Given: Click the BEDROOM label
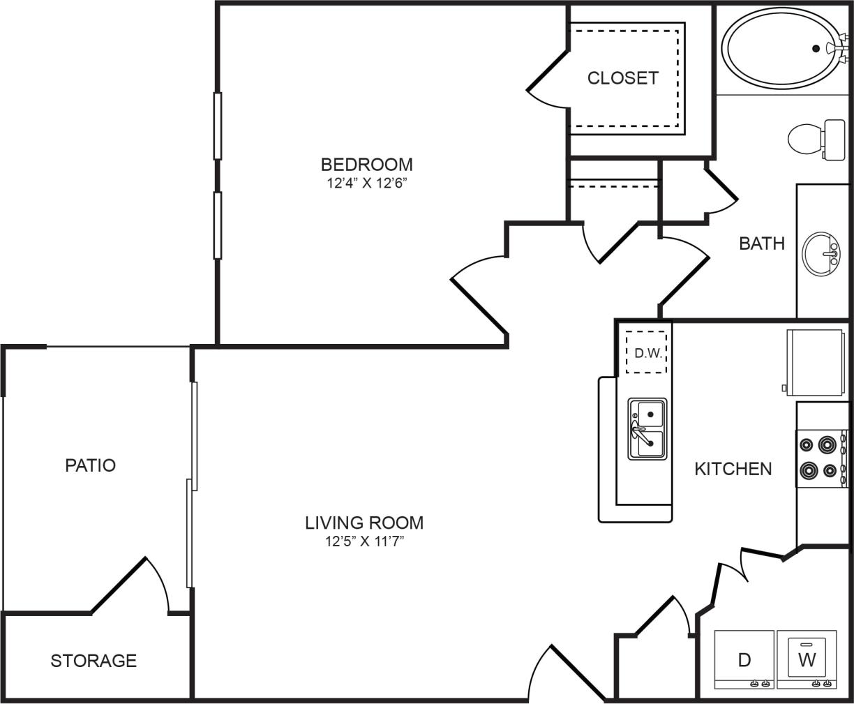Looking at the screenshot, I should [x=366, y=165].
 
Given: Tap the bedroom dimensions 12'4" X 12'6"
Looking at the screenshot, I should [x=366, y=184].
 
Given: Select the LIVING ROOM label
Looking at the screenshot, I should [x=364, y=522].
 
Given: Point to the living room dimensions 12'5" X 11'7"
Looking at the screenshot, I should [x=364, y=541].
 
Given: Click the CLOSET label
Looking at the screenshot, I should [x=622, y=77].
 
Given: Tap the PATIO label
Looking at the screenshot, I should [x=90, y=465].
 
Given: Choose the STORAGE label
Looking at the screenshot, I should [x=93, y=660].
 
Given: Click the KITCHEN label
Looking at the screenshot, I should [x=733, y=469].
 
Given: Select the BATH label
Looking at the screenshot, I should [x=762, y=244].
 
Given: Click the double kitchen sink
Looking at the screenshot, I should [x=647, y=428].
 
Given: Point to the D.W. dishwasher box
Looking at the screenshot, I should [x=647, y=352].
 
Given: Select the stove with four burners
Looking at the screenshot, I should [x=821, y=458].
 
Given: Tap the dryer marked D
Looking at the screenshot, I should [x=744, y=659].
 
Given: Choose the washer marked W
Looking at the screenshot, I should [x=807, y=659].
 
